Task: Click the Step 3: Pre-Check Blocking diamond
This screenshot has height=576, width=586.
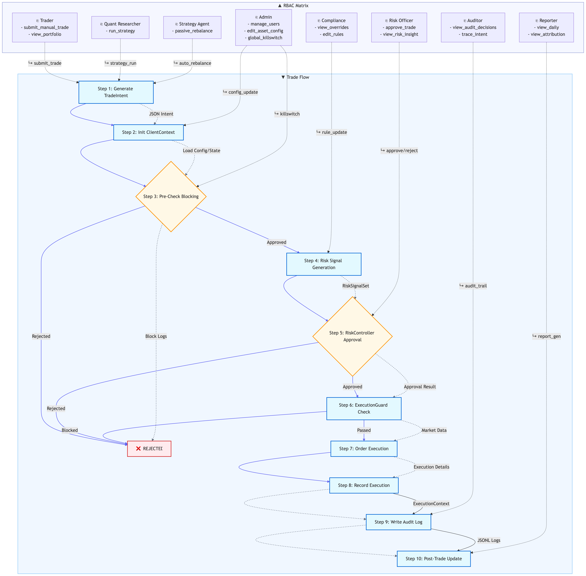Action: tap(171, 197)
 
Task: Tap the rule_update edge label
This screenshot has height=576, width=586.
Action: tap(332, 132)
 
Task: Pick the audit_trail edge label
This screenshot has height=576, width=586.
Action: tap(473, 286)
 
